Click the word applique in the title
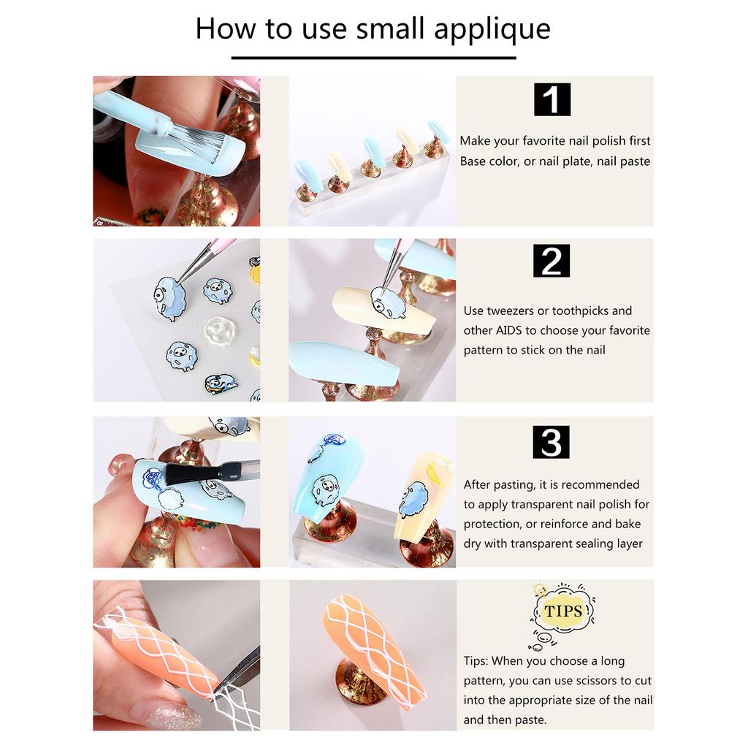[x=492, y=30]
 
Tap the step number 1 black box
[x=552, y=100]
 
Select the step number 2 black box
[x=552, y=261]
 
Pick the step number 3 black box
[x=552, y=442]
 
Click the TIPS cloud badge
[x=563, y=611]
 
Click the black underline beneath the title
[x=373, y=57]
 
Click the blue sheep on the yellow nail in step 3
[x=413, y=500]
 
